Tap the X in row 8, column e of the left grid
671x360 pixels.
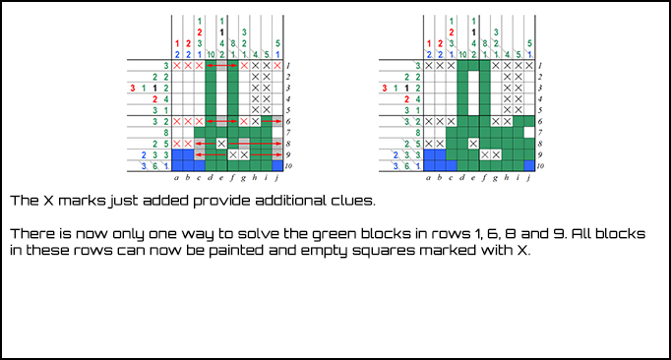pos(222,144)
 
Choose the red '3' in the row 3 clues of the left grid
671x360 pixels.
pos(134,88)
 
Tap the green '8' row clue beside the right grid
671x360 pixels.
pos(418,133)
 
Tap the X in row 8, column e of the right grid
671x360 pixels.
pos(474,144)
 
